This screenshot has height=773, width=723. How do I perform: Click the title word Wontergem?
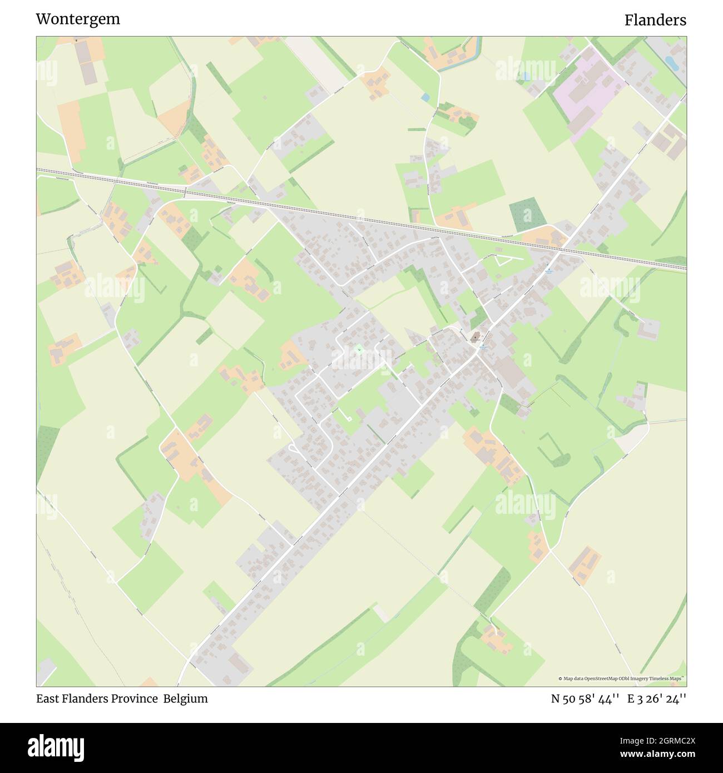pyautogui.click(x=78, y=19)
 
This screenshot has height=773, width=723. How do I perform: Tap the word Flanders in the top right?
pyautogui.click(x=655, y=20)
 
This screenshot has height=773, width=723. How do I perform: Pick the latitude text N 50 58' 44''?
pyautogui.click(x=586, y=698)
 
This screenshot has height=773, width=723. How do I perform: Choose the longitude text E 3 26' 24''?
pyautogui.click(x=657, y=698)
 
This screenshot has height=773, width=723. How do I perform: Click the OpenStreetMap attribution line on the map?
pyautogui.click(x=622, y=678)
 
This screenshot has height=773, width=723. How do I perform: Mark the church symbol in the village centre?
pyautogui.click(x=476, y=337)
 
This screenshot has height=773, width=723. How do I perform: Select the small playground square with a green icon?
pyautogui.click(x=359, y=349)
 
